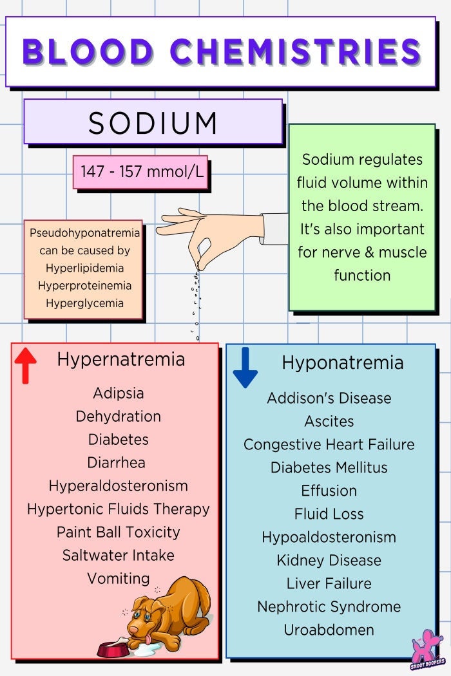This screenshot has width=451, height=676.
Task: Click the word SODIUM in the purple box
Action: click(x=153, y=122)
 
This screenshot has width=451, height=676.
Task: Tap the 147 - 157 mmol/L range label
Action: click(x=140, y=172)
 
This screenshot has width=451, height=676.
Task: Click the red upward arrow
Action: click(x=25, y=364)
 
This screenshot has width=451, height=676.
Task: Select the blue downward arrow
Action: click(x=245, y=367)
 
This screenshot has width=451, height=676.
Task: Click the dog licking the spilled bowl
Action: click(x=168, y=612)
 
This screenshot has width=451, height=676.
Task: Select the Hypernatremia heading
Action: click(x=120, y=359)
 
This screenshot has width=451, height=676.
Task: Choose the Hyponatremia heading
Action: click(x=342, y=362)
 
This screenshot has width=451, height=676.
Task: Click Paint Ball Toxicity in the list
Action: click(x=118, y=532)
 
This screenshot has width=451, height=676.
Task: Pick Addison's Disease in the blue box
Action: click(x=329, y=398)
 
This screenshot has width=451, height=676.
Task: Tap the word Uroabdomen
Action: click(x=329, y=630)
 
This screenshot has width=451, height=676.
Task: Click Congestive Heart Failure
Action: click(x=329, y=444)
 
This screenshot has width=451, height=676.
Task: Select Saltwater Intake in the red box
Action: click(x=118, y=555)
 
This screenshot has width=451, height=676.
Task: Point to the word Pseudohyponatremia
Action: click(x=84, y=232)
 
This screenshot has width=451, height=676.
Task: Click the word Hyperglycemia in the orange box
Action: click(x=84, y=303)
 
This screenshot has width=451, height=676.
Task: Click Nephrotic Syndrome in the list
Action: click(x=329, y=606)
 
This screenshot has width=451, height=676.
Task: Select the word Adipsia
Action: click(x=118, y=393)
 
